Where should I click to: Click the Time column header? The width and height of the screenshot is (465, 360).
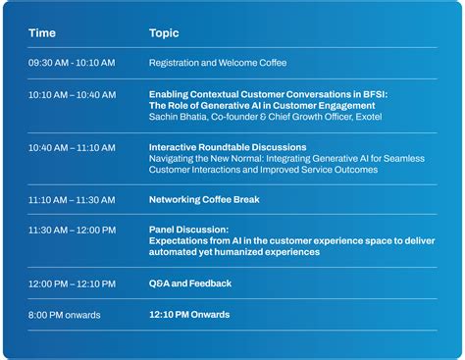tap(42, 33)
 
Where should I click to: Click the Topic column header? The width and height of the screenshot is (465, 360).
tap(164, 33)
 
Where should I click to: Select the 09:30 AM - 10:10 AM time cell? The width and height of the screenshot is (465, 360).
tap(72, 63)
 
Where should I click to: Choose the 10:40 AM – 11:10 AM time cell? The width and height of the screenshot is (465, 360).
tap(72, 147)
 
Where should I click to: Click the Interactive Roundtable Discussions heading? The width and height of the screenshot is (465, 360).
tap(228, 147)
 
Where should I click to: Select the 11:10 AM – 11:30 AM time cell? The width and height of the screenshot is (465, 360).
tap(72, 199)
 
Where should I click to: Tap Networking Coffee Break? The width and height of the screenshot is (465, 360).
tap(204, 199)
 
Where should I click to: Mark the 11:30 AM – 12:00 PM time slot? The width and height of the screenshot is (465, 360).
tap(72, 230)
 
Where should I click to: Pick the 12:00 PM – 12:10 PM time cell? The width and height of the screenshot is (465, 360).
tap(72, 283)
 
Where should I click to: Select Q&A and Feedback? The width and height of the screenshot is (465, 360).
tap(190, 283)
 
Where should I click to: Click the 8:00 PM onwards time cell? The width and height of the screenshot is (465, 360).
tap(65, 315)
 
